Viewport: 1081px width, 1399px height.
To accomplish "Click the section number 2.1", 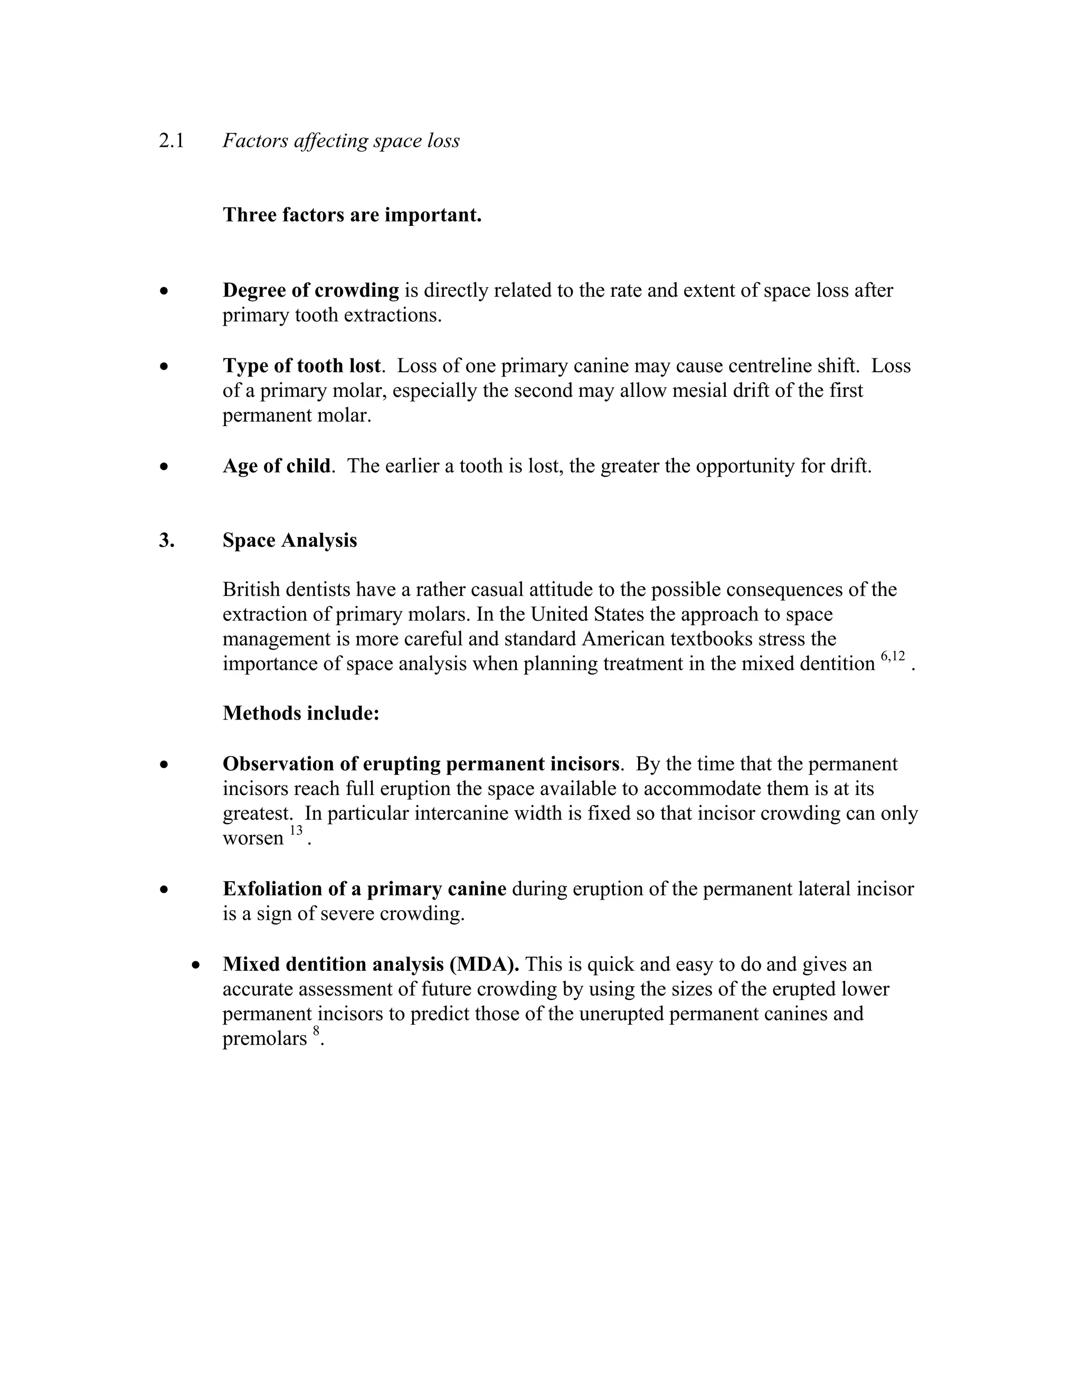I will click(x=171, y=141).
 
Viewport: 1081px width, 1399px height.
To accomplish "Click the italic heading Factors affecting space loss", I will click(x=340, y=141).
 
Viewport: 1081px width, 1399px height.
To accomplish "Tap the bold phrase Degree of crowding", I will click(x=310, y=290).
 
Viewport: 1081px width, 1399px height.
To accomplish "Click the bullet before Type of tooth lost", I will click(x=165, y=366).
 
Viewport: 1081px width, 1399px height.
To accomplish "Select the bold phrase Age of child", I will click(x=277, y=466).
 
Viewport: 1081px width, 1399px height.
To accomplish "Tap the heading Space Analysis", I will click(x=289, y=540).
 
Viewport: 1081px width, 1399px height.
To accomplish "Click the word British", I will click(x=252, y=589).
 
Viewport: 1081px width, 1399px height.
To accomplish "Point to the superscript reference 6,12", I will click(x=893, y=656).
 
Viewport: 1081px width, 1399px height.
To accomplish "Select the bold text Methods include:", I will click(x=301, y=713).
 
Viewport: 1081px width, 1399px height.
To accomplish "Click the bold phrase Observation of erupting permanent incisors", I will click(x=421, y=763).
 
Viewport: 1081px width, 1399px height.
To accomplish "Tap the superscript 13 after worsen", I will click(x=295, y=831).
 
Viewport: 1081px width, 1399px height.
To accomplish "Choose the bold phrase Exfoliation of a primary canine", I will click(x=364, y=888).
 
